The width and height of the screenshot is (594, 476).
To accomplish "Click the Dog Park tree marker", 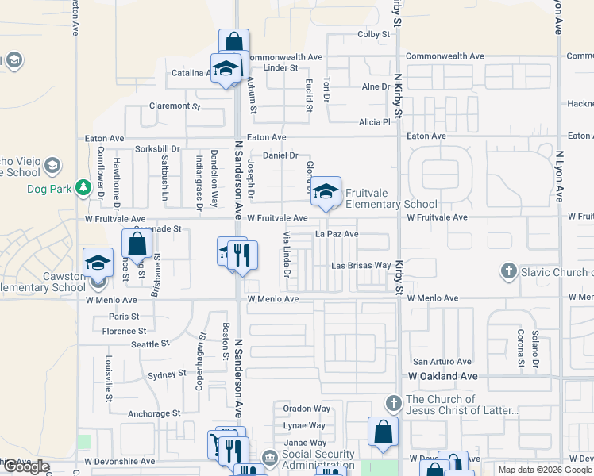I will click(x=83, y=189).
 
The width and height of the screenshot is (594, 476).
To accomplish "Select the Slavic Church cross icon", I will click(x=509, y=272).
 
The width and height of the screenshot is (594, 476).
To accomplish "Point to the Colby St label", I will click(x=374, y=35).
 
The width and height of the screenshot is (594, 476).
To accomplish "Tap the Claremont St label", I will click(x=175, y=106).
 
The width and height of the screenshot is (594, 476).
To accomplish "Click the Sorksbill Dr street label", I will click(x=158, y=148).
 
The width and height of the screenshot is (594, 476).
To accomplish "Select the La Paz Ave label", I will click(x=337, y=235).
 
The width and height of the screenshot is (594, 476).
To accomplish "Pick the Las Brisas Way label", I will click(x=361, y=266).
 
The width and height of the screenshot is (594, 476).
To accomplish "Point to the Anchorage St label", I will click(x=154, y=413).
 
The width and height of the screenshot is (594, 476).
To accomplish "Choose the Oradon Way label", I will click(x=307, y=409).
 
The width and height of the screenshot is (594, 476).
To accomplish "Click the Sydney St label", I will click(x=167, y=374).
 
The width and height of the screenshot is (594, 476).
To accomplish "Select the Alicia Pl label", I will click(x=375, y=122).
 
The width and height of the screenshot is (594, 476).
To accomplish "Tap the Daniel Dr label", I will click(x=280, y=156).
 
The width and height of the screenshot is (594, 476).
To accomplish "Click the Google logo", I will click(x=26, y=467).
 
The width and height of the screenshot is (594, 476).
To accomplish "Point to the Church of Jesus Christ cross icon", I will click(x=391, y=404).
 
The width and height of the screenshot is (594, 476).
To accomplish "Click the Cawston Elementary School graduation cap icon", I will click(x=98, y=263).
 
